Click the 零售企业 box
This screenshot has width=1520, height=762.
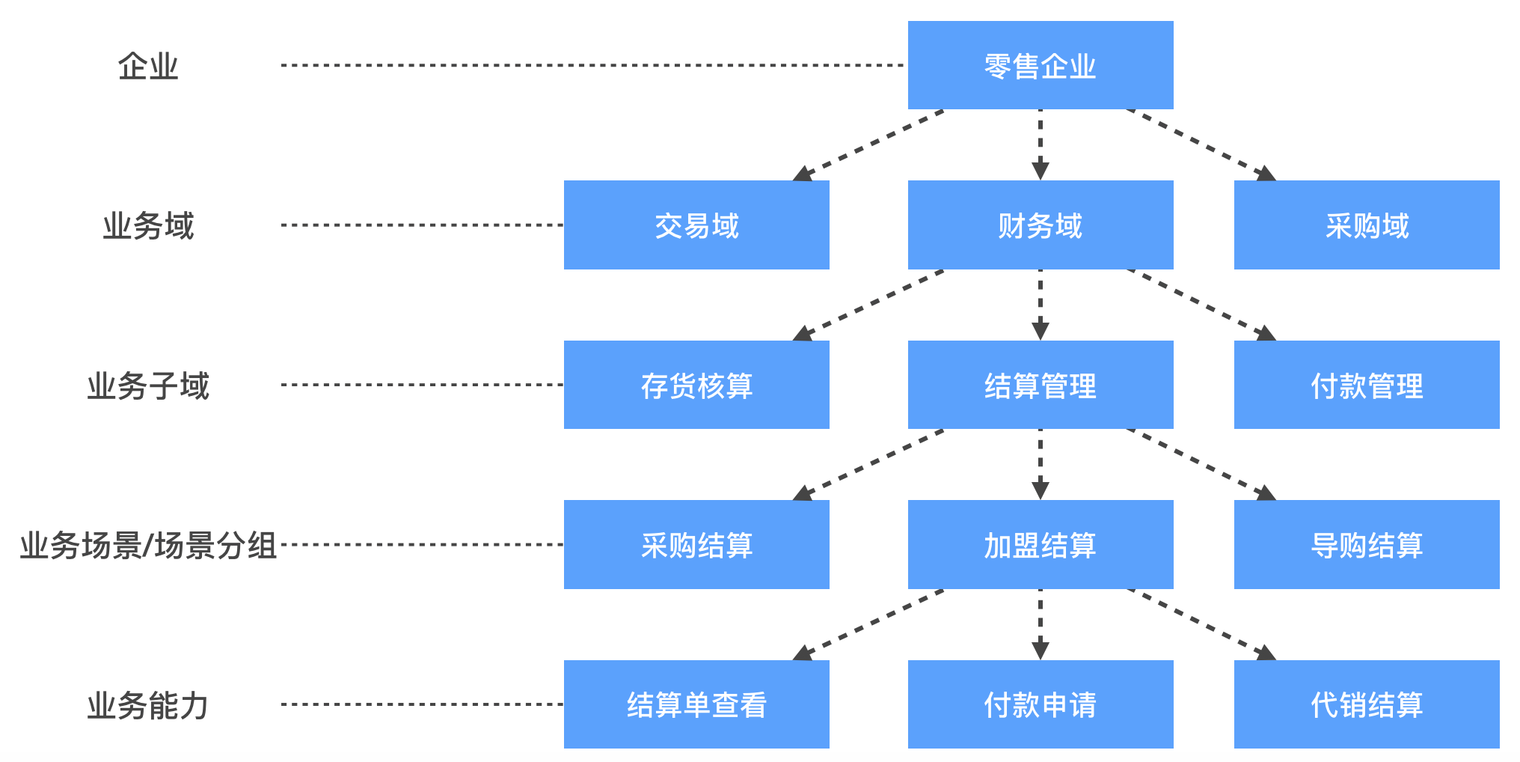point(1040,65)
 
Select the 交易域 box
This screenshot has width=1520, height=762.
point(696,225)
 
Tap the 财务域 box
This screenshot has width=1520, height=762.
point(1040,225)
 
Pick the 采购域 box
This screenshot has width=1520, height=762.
point(1366,225)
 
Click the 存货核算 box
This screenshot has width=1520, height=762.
point(696,385)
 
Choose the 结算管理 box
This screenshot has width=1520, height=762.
point(1040,385)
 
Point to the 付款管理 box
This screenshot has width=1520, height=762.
point(1366,385)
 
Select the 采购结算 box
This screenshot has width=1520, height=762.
point(696,544)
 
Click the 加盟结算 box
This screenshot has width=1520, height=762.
point(1040,544)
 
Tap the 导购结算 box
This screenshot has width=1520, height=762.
point(1366,544)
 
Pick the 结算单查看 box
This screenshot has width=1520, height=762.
point(696,704)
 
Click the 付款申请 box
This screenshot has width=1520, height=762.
point(1040,704)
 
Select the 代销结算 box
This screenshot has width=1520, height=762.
point(1366,704)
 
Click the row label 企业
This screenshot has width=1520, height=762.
point(148,66)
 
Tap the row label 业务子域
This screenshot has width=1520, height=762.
point(148,385)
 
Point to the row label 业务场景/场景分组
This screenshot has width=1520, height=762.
point(148,545)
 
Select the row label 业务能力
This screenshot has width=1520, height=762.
point(148,705)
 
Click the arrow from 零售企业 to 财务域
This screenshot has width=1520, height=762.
point(1040,144)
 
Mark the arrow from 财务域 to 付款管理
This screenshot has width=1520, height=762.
point(1200,304)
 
